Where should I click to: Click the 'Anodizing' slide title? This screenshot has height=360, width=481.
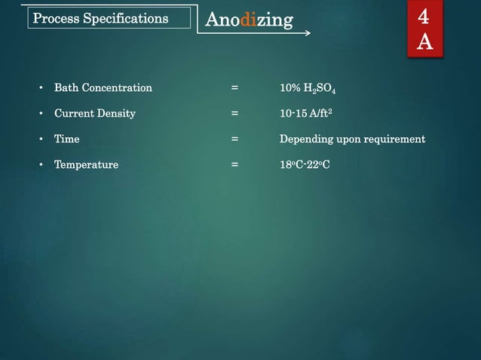[249, 20]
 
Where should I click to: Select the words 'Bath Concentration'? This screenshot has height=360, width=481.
[103, 88]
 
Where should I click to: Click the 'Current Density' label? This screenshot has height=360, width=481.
[94, 114]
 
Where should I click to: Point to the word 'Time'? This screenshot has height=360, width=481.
[66, 139]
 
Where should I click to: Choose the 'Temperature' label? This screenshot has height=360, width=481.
[86, 165]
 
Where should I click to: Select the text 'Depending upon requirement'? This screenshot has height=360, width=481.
[352, 139]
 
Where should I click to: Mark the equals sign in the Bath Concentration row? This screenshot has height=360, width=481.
[235, 88]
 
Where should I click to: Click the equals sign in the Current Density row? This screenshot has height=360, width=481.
[235, 114]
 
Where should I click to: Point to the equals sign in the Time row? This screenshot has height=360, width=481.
[235, 139]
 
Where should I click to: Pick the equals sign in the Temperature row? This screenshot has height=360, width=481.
[235, 165]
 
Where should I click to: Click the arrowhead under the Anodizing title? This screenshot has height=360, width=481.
[307, 34]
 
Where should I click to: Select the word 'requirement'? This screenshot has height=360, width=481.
[391, 139]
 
